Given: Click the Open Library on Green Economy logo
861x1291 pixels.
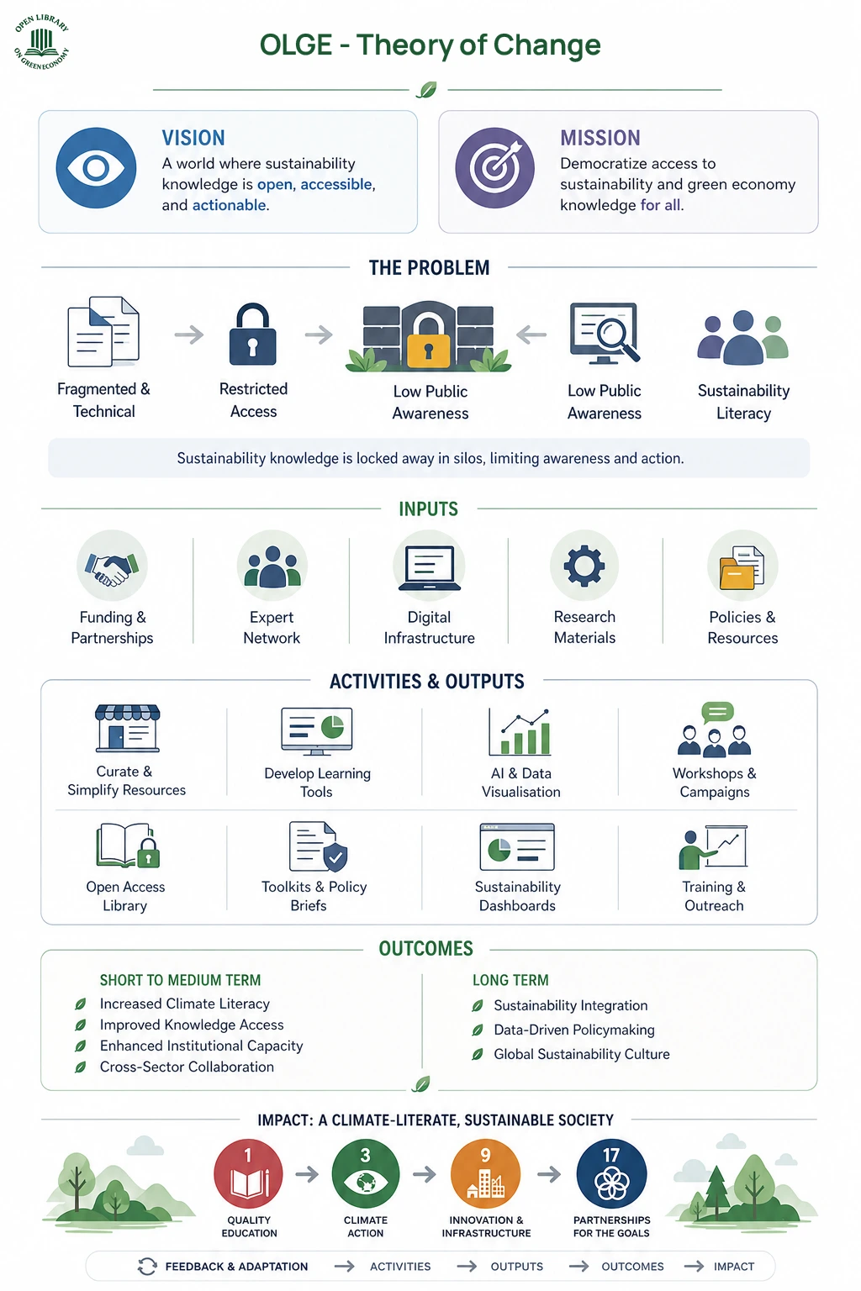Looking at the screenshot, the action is pyautogui.click(x=41, y=41).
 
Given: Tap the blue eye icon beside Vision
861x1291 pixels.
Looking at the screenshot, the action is pyautogui.click(x=96, y=168).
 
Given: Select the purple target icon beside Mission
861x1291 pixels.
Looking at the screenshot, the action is pyautogui.click(x=494, y=168).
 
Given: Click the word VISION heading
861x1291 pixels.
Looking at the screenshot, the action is pyautogui.click(x=193, y=138).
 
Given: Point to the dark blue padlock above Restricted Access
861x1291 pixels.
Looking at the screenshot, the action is pyautogui.click(x=252, y=335).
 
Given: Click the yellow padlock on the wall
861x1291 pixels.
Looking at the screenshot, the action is pyautogui.click(x=428, y=342).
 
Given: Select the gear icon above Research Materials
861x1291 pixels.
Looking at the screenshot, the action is pyautogui.click(x=584, y=566).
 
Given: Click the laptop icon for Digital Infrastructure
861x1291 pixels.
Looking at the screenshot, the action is pyautogui.click(x=429, y=567).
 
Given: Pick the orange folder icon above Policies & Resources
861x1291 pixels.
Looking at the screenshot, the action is pyautogui.click(x=742, y=568).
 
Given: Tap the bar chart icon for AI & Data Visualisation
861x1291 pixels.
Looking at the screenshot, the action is pyautogui.click(x=520, y=731).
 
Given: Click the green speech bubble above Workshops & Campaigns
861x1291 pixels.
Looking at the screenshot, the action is pyautogui.click(x=717, y=713).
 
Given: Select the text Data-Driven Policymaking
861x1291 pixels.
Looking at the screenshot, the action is pyautogui.click(x=574, y=1030).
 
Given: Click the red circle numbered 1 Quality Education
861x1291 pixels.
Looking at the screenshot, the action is pyautogui.click(x=249, y=1174).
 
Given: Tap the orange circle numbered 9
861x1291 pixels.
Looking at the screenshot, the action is pyautogui.click(x=486, y=1174).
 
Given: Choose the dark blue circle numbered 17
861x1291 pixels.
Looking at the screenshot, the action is pyautogui.click(x=611, y=1174).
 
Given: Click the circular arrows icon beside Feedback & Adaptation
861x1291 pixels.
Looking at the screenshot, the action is pyautogui.click(x=147, y=1267).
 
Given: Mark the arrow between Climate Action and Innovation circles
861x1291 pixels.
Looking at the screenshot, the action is pyautogui.click(x=425, y=1174).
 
